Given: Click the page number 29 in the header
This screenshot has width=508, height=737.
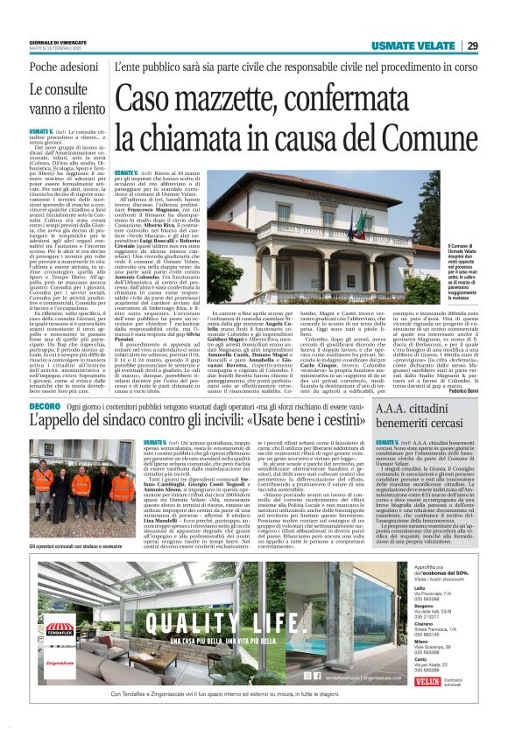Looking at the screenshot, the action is tap(472, 46).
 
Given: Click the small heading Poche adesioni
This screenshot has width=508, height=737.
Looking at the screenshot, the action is tap(61, 67).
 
